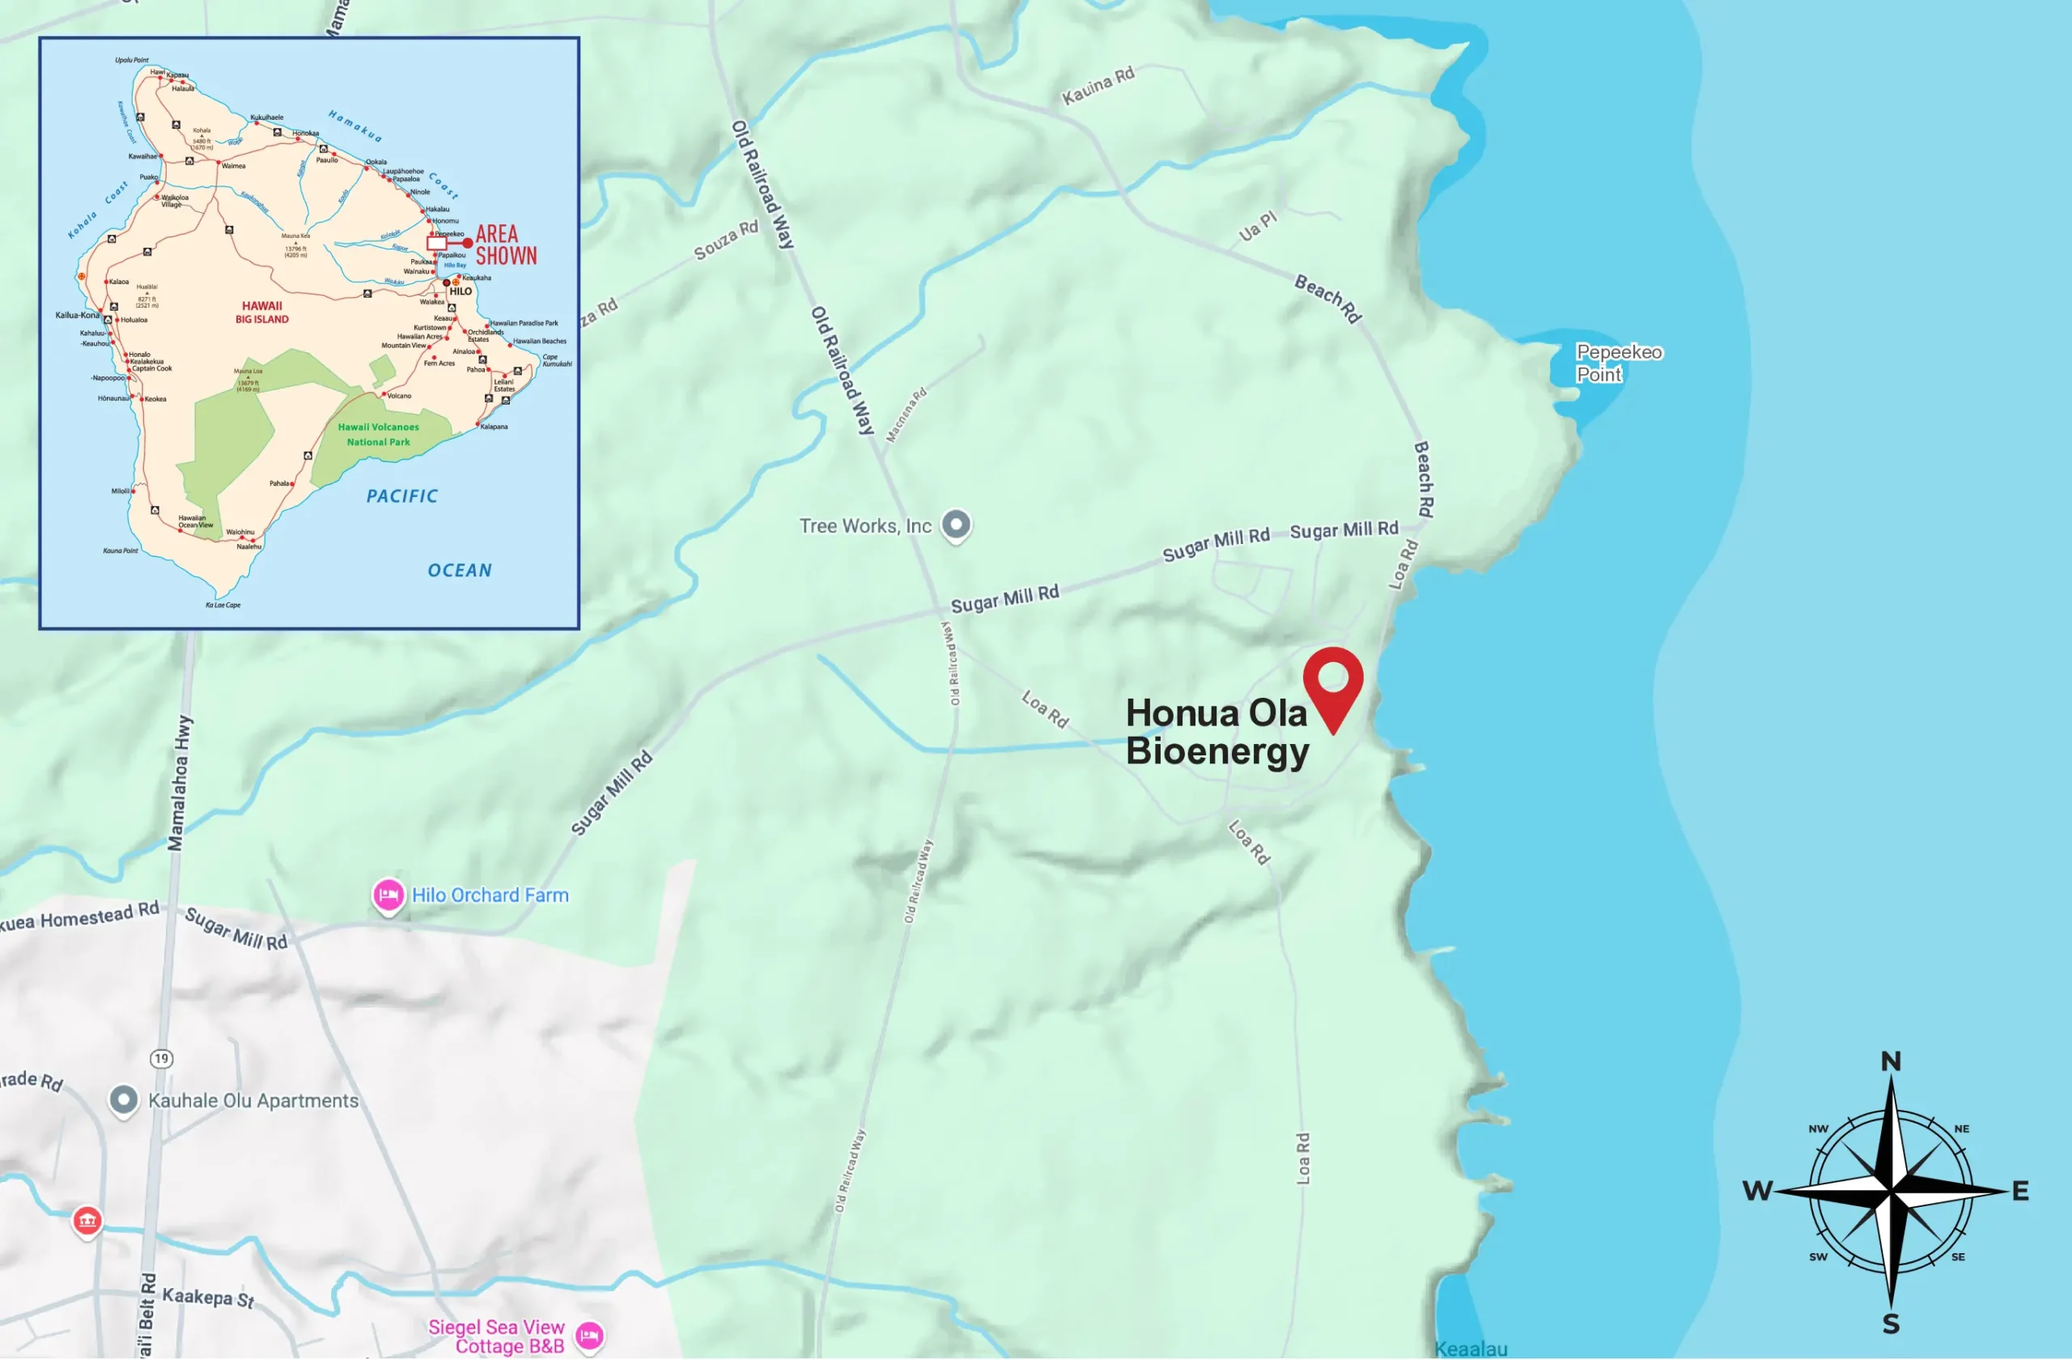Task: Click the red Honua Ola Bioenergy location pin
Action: [1333, 681]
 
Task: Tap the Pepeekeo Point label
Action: [1618, 363]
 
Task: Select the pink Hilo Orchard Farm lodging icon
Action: [388, 895]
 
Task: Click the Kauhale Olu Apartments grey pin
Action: [124, 1100]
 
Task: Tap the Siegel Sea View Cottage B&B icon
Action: [589, 1335]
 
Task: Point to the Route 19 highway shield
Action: [161, 1059]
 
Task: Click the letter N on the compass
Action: [1890, 1061]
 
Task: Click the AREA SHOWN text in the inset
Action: [505, 244]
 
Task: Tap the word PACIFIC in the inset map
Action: [401, 496]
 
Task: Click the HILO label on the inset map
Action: [461, 291]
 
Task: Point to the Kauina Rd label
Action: [1098, 85]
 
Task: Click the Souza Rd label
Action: [725, 240]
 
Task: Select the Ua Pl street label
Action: [1257, 226]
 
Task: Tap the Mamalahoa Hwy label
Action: [180, 784]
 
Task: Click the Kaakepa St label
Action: [208, 1298]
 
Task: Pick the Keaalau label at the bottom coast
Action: [1471, 1349]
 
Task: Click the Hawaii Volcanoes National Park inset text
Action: [378, 435]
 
